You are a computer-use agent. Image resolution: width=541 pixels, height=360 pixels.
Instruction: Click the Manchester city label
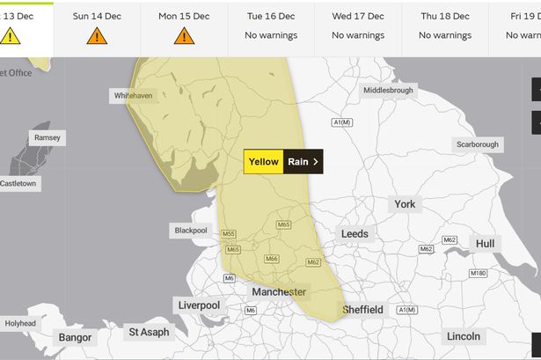click(x=279, y=291)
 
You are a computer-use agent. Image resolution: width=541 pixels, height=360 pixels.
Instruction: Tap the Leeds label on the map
click(x=355, y=233)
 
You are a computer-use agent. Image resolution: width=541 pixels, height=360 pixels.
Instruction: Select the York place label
click(x=405, y=203)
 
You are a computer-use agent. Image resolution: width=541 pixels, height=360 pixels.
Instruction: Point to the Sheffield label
click(x=362, y=309)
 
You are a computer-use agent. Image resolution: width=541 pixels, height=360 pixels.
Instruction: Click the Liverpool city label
click(x=198, y=305)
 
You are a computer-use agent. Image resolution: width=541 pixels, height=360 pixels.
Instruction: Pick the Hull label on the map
click(x=485, y=243)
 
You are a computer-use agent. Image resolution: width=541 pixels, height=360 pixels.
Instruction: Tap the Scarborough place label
click(x=477, y=144)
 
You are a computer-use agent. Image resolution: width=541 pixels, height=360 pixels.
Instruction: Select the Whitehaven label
click(x=133, y=95)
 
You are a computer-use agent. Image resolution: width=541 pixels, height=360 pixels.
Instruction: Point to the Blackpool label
click(x=190, y=230)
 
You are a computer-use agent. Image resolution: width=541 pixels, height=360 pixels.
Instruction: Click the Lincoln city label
click(x=464, y=336)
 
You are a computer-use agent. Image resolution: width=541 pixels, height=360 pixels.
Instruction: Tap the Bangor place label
click(x=75, y=337)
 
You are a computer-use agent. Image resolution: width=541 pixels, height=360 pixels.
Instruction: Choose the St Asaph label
click(x=148, y=332)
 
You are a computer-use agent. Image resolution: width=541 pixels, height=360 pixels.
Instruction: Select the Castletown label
click(x=19, y=183)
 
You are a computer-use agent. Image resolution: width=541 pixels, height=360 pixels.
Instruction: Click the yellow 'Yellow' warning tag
click(x=263, y=162)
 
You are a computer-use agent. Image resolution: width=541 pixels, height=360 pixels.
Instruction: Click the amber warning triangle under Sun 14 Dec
click(x=97, y=35)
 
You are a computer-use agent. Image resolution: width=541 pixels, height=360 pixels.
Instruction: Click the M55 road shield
click(x=229, y=233)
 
